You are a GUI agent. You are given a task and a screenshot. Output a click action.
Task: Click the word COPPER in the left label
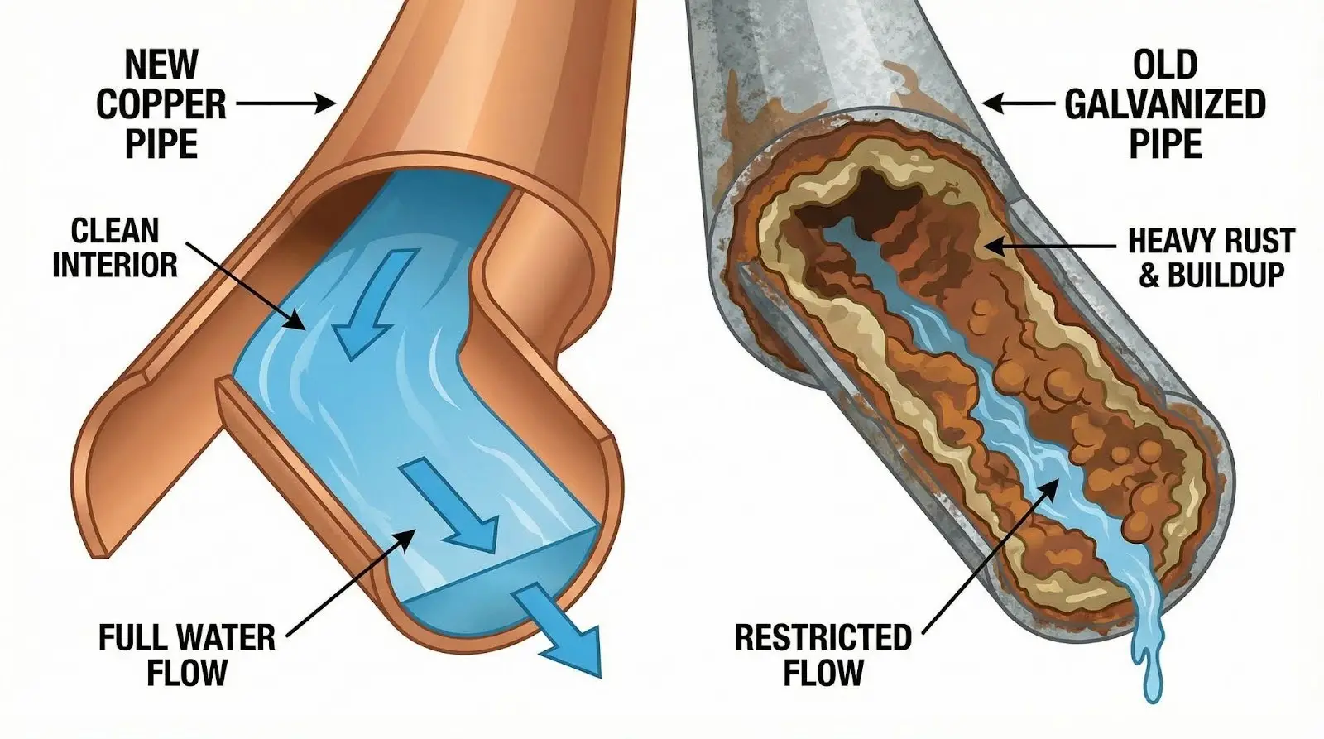161,104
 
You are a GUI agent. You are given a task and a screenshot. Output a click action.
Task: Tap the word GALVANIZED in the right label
1164,104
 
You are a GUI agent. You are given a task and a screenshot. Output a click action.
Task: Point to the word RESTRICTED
823,638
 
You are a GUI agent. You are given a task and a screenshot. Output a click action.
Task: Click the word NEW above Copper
161,65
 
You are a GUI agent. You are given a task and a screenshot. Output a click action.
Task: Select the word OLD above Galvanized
1164,65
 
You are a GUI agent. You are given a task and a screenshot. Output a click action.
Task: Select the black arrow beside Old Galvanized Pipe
1020,104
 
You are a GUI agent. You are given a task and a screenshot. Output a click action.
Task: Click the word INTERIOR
115,266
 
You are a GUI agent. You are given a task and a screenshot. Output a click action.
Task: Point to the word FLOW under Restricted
823,672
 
